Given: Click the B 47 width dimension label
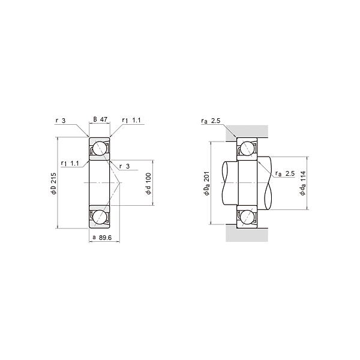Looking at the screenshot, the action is [x=100, y=119].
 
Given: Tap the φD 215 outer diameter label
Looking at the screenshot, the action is [x=53, y=184].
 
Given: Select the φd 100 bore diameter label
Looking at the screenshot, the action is [x=149, y=184].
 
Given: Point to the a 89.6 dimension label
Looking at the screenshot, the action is [x=102, y=238].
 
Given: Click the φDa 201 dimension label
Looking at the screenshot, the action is [x=207, y=184].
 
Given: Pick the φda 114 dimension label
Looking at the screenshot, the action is [x=303, y=183].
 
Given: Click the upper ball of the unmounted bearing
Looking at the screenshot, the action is [x=100, y=148].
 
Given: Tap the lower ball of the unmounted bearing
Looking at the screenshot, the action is [x=100, y=217].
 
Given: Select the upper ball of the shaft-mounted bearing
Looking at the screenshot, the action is [x=247, y=148].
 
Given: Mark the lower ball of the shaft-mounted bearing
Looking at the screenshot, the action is [x=247, y=217].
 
